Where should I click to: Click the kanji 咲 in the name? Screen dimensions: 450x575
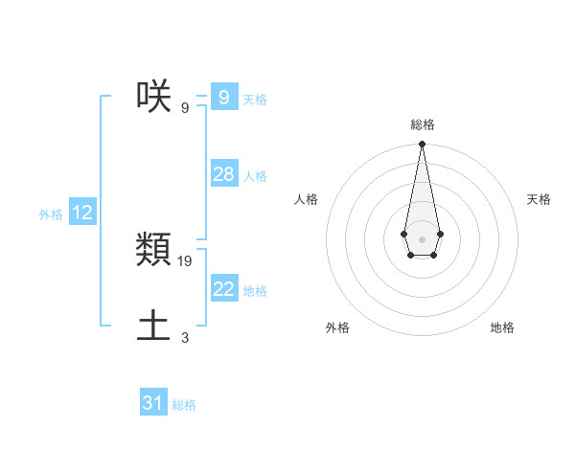coord(153,97)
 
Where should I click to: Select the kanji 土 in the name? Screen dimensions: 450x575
coord(153,326)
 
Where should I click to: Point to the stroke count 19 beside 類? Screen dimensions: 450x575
coord(186,260)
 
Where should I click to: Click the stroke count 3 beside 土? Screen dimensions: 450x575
coord(185,337)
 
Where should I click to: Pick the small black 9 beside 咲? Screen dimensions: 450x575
coord(185,107)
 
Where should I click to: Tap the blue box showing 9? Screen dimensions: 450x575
coord(223,98)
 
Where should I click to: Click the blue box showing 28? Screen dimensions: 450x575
coord(223,174)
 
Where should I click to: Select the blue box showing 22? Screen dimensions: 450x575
coord(223,289)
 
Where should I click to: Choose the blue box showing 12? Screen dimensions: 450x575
coord(82,213)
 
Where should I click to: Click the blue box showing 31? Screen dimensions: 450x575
coord(153,403)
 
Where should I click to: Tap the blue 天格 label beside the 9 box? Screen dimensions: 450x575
coord(255,100)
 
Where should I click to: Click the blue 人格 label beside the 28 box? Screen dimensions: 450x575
coord(255,176)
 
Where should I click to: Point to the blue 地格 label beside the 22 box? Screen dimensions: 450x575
coord(255,291)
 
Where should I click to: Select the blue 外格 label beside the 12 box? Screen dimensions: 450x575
coord(51,214)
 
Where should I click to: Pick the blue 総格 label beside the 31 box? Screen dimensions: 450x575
coord(184,405)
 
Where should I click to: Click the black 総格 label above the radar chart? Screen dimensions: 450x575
coord(423,124)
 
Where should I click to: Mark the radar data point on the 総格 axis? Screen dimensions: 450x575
coord(422,145)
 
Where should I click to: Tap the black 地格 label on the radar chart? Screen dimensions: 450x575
coord(502,327)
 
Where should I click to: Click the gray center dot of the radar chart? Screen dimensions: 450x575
coord(422,238)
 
